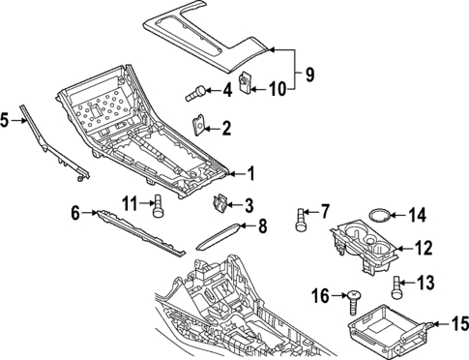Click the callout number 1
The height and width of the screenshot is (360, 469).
coord(249,174)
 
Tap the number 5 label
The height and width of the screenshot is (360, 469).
coord(6,120)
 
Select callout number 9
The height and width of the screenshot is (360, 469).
coord(309,74)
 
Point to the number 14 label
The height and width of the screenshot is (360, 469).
coord(417,215)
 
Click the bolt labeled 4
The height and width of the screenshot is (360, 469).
coord(196,94)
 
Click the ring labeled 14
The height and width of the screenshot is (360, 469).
coord(383,216)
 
